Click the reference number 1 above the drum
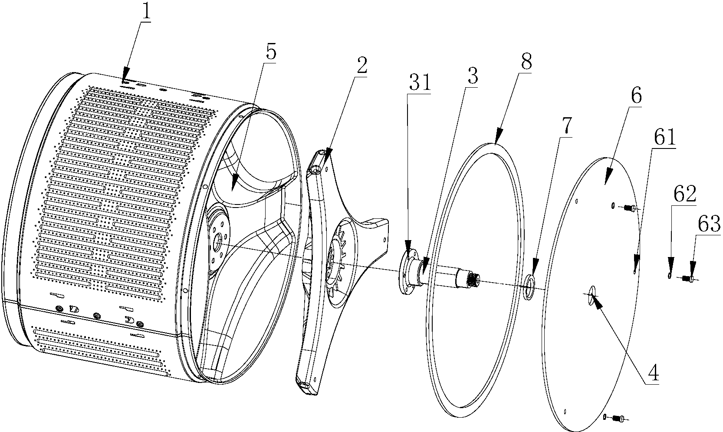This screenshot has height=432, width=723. point(146,12)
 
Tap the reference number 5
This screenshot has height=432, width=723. point(271,52)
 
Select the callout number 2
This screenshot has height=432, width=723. point(361,66)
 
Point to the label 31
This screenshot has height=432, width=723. point(420,83)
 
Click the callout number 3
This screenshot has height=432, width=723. point(473,76)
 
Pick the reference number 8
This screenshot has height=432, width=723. point(526,62)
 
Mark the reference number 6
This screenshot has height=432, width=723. point(635,95)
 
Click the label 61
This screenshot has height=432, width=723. point(664,138)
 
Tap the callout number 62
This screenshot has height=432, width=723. point(684,194)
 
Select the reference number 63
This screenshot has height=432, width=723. point(709,224)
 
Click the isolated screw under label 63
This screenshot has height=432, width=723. point(689,279)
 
